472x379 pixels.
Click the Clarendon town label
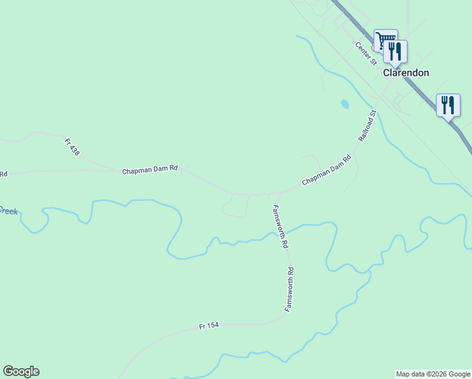coord(406,73)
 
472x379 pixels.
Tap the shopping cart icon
coord(384,40)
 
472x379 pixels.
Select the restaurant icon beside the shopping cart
coord(396,52)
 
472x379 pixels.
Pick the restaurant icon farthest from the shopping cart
coord(448,105)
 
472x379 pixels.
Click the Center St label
coord(365,54)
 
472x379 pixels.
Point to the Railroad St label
coord(367,125)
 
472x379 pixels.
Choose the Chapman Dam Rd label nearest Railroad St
coord(326,171)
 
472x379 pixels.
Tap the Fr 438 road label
coord(72,147)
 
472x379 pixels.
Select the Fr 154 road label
coord(208,326)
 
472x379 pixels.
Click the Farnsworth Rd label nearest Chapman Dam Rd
coord(280,226)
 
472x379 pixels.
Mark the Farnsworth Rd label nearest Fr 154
coord(290,289)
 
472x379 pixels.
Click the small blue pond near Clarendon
coord(345,104)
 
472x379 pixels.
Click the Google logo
coord(21,371)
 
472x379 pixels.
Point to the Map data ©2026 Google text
coord(433,374)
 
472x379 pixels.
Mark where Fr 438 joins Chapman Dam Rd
coord(118,169)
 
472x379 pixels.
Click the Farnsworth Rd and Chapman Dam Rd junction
coord(278,193)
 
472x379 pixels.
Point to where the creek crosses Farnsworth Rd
coord(283,232)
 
